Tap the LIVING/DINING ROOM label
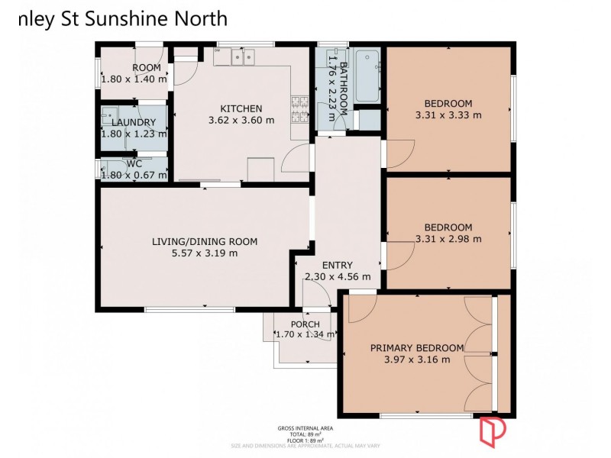[x=204, y=241]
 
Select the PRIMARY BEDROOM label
[x=416, y=347]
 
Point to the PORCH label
[x=305, y=324]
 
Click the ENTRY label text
[x=337, y=265]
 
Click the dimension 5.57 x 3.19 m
[x=204, y=253]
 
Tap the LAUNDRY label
[x=134, y=122]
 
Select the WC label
[x=134, y=163]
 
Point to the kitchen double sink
[x=244, y=56]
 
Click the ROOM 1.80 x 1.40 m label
[x=134, y=73]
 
